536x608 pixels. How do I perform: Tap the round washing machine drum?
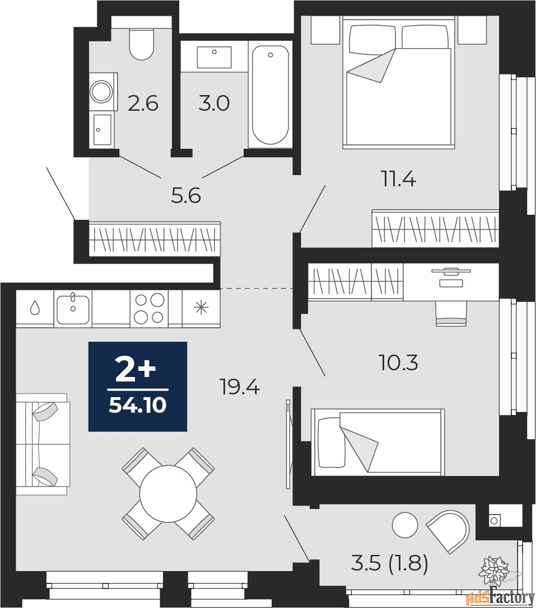[102, 92]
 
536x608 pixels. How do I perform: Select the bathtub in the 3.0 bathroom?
[271, 96]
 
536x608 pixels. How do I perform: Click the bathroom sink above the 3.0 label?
[214, 58]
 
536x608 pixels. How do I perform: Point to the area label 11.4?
[399, 180]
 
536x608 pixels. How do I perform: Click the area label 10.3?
[399, 363]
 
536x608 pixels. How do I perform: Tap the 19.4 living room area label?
[239, 387]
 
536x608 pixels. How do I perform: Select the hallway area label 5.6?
[186, 196]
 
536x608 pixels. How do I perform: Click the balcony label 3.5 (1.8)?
[390, 563]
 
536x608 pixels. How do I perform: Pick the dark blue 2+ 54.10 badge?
[138, 387]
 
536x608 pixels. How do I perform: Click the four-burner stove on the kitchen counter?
[149, 308]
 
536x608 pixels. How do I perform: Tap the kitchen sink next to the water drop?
[73, 309]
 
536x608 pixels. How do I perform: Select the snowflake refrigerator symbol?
[201, 308]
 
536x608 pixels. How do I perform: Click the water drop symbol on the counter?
[35, 308]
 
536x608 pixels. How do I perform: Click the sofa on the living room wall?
[42, 444]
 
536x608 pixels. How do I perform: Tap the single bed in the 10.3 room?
[378, 442]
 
